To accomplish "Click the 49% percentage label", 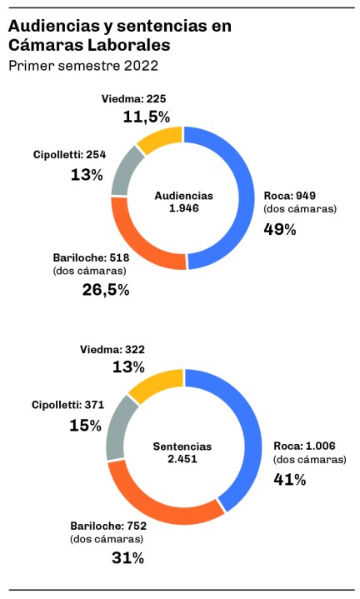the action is point(280,230).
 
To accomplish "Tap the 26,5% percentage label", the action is point(106,290).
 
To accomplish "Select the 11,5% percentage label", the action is point(147,117).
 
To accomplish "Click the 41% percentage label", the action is point(290,479).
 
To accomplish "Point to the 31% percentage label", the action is point(128,558).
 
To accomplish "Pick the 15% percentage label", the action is point(86,425).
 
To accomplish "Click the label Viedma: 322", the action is point(112,350).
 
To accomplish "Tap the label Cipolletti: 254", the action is point(69,155).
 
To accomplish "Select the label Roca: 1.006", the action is point(304,446).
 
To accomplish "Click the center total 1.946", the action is point(184,208).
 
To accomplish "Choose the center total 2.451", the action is point(182,458).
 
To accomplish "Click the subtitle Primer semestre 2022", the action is point(83,66).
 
